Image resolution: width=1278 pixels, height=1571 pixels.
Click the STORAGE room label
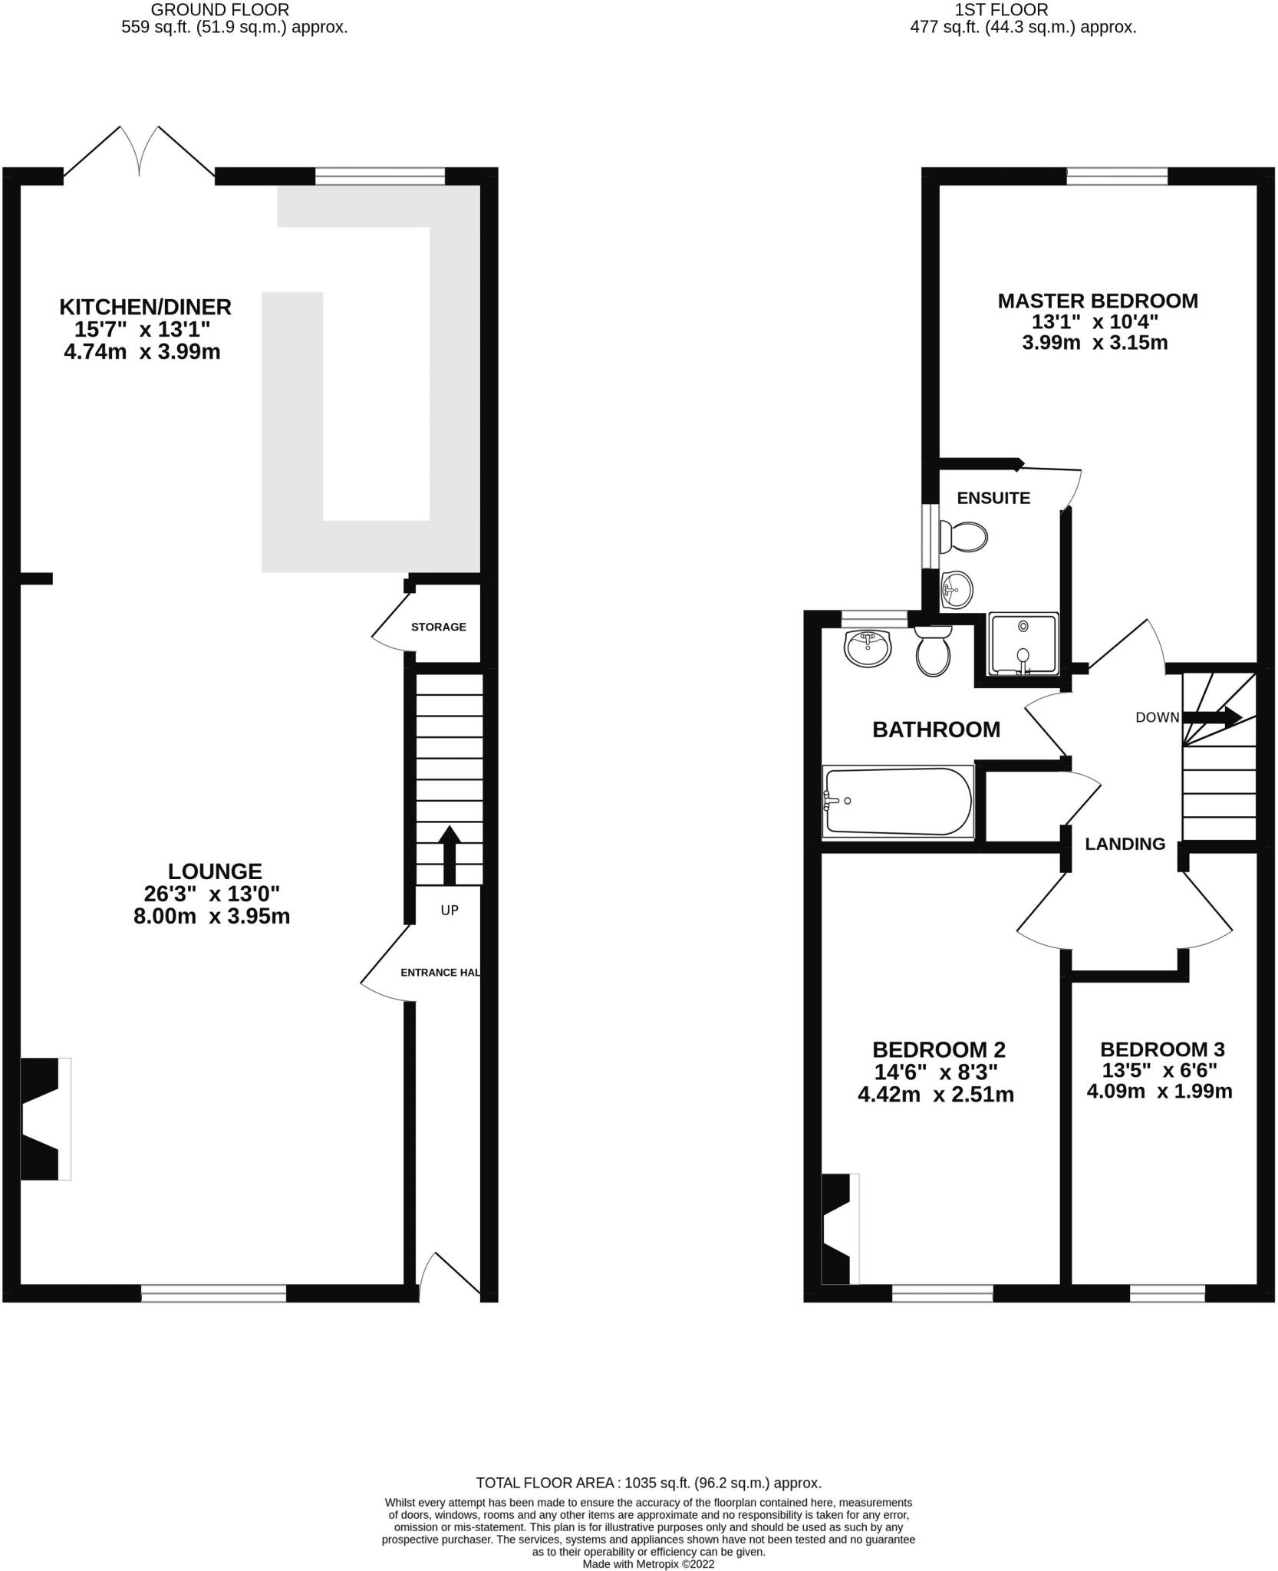click(438, 627)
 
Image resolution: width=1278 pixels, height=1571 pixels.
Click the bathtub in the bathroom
click(898, 801)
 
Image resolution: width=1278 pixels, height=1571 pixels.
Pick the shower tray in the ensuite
click(1023, 643)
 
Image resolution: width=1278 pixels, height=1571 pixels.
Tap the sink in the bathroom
click(868, 648)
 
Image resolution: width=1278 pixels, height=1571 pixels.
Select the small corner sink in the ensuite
click(956, 590)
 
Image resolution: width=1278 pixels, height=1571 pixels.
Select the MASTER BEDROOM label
click(1097, 301)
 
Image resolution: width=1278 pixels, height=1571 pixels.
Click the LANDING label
click(1125, 844)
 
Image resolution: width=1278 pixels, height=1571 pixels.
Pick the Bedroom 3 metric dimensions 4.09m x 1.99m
click(1159, 1090)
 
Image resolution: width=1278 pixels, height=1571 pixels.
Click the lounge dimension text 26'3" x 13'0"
click(212, 894)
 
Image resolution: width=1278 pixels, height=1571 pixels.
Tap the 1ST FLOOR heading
click(1001, 10)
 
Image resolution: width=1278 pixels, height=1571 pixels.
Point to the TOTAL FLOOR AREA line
click(648, 1483)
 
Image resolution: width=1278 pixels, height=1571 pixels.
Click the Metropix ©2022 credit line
click(648, 1564)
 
